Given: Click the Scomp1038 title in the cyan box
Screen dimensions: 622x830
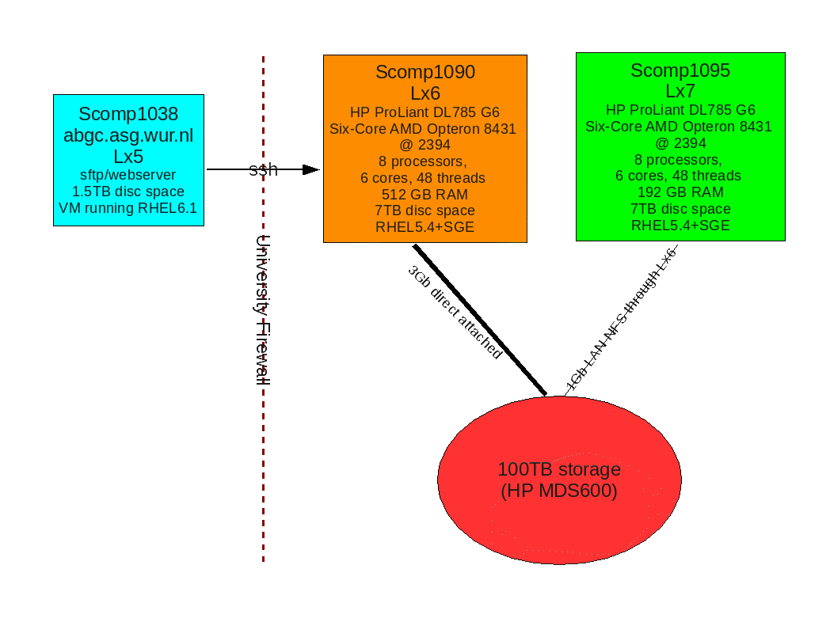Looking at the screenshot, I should click(128, 114).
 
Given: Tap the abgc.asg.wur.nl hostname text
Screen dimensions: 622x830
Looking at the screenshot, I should click(128, 135).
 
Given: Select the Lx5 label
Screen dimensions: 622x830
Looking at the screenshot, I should click(128, 157).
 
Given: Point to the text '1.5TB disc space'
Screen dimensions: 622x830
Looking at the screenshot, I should click(128, 192).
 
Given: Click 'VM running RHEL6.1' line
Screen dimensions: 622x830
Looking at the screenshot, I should click(128, 208).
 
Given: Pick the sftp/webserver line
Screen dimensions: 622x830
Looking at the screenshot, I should click(128, 175).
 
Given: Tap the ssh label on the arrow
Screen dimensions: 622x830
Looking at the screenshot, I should click(264, 169).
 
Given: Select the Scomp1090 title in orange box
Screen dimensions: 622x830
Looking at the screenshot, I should click(425, 73).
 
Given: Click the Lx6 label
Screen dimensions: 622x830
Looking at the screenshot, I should click(425, 93).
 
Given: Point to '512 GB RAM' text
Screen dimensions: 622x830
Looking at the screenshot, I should click(425, 195).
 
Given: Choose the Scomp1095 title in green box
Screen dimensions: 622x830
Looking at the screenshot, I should click(680, 70).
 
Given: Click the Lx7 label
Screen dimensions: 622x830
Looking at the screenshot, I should click(680, 91).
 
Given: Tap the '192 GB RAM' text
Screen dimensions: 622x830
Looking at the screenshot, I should click(680, 192).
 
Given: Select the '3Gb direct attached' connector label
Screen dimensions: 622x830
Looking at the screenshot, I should click(455, 313).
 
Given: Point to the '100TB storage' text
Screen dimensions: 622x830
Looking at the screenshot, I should click(559, 469).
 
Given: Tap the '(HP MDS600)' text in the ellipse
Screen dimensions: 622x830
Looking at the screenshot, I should click(559, 491).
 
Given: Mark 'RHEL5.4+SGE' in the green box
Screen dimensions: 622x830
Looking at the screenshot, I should click(680, 226).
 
